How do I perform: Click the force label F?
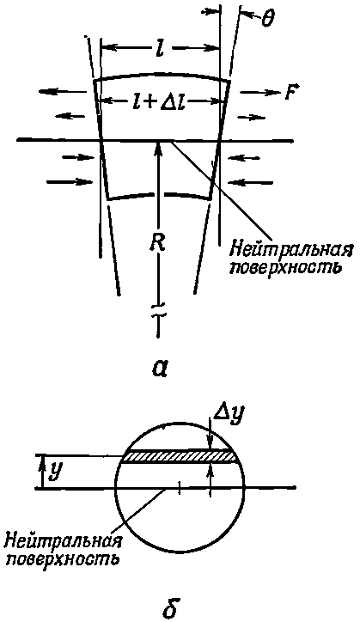(x=288, y=92)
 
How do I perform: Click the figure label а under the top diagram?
(x=158, y=368)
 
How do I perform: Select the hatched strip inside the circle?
(x=180, y=456)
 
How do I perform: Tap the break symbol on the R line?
(x=158, y=308)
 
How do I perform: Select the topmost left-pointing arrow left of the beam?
(x=63, y=92)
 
